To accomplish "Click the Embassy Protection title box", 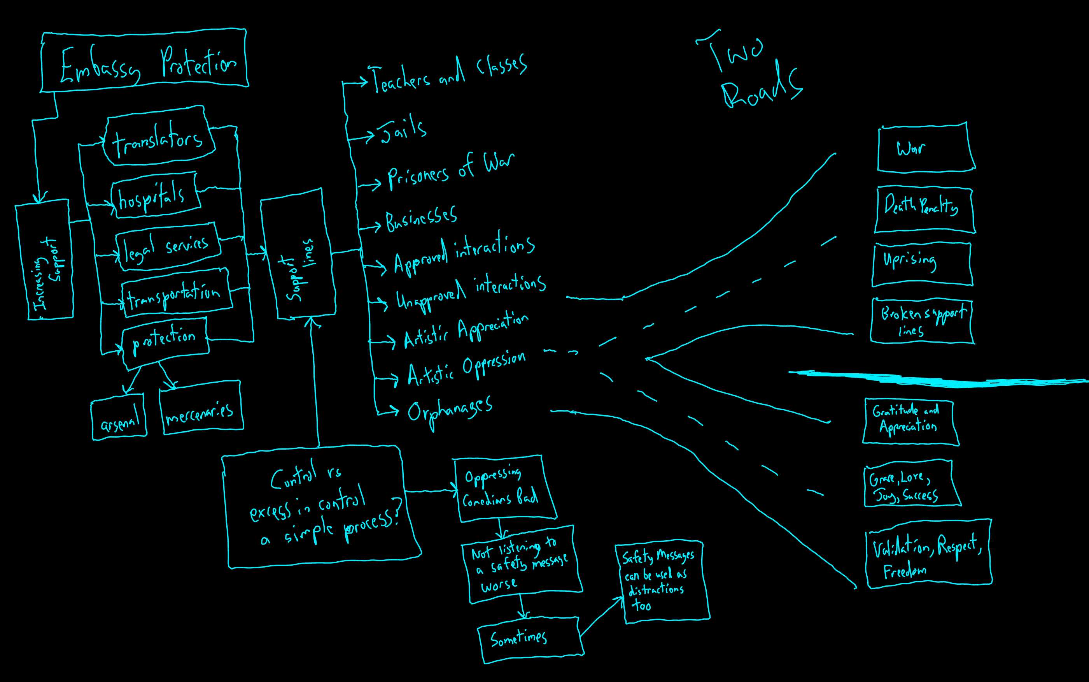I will [x=144, y=61].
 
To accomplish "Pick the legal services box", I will [x=168, y=247].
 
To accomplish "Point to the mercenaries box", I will [x=201, y=408].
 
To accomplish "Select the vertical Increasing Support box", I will [x=45, y=261].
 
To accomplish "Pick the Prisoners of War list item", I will [x=450, y=171].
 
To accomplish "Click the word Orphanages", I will [x=450, y=411].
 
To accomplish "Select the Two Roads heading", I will [x=750, y=72].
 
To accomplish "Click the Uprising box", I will [x=921, y=264].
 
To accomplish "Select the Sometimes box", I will [x=530, y=640].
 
